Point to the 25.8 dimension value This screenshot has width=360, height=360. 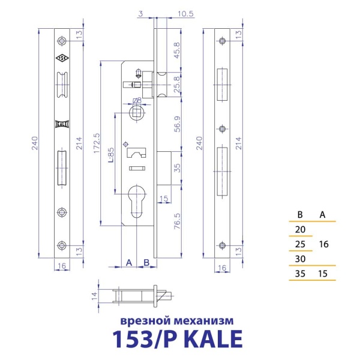(176, 83)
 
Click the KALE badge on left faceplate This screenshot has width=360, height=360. (63, 124)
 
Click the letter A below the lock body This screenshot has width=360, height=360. (129, 262)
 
